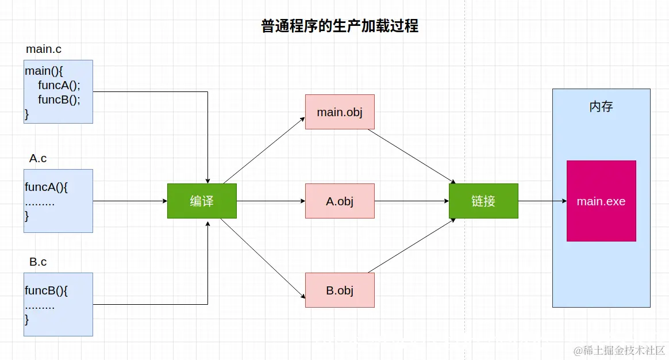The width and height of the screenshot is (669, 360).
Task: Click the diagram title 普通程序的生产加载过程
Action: [340, 26]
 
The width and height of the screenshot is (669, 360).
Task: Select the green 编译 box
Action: [202, 201]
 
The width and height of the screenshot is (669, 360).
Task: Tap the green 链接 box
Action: [483, 201]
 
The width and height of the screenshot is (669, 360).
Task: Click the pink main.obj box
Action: [340, 112]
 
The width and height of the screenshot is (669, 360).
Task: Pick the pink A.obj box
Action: [340, 201]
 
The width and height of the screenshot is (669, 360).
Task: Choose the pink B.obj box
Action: [340, 290]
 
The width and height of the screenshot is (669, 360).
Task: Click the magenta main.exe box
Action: [601, 201]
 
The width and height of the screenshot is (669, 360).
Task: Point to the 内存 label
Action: [601, 107]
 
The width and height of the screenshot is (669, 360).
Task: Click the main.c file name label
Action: [44, 49]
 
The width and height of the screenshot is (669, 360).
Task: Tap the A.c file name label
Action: [38, 159]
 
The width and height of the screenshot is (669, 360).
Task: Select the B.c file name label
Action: [38, 262]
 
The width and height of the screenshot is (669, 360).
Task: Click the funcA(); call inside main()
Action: [59, 85]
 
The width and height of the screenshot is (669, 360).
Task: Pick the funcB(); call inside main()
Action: [59, 99]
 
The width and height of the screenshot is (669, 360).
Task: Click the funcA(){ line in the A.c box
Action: [47, 187]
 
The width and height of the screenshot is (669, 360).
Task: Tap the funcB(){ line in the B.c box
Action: [47, 290]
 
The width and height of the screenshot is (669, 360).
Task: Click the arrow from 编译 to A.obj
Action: [270, 201]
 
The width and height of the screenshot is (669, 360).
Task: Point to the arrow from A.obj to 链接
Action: [411, 201]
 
